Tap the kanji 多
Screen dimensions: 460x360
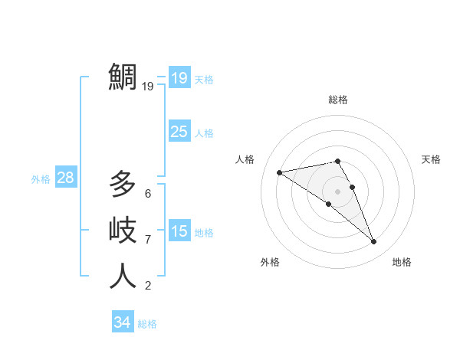coord(123,184)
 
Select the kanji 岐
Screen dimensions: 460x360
coord(123,230)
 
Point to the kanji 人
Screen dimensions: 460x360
coord(123,276)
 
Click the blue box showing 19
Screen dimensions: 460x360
coord(179,77)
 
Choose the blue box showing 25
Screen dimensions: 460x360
coord(179,131)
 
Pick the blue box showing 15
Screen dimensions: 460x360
coord(179,231)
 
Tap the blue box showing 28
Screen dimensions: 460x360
coord(65,178)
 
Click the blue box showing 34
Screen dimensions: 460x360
coord(122,322)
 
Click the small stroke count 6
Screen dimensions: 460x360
coord(148,194)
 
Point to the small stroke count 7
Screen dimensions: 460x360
coord(148,240)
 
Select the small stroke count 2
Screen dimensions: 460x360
coord(148,286)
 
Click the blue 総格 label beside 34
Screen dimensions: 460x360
coord(147,324)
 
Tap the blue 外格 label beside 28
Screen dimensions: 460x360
coord(41,179)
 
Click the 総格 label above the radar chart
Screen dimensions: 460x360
coord(338,100)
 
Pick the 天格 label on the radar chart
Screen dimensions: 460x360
coord(431,159)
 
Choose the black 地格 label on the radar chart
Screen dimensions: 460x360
coord(402,262)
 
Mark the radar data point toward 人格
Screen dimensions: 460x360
coord(280,172)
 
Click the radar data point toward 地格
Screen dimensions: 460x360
coord(373,242)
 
